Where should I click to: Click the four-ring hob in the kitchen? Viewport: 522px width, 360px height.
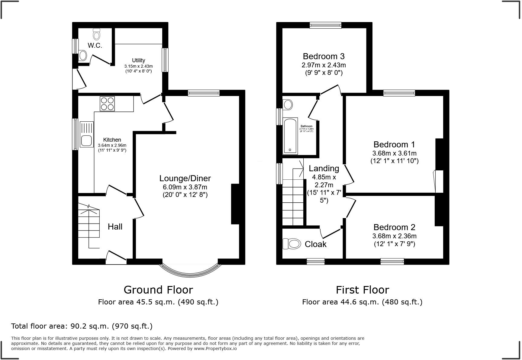(x=107, y=104)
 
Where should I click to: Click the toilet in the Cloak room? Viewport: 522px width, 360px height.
(x=292, y=244)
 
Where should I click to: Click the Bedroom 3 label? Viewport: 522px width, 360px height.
(x=324, y=56)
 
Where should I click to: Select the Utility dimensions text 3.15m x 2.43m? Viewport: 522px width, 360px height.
(x=138, y=66)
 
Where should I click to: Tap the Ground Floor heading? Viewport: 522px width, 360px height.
(x=158, y=290)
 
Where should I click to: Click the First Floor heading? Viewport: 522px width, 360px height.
(x=362, y=290)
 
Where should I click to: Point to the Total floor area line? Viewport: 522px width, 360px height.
(x=82, y=326)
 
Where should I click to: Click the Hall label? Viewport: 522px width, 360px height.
(x=115, y=227)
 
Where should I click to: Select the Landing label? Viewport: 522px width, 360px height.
(x=324, y=168)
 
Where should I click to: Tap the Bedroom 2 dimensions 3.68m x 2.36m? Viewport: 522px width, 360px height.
(x=394, y=236)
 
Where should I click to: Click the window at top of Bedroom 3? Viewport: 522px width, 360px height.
(x=325, y=25)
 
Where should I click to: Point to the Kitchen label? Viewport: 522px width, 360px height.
(x=112, y=140)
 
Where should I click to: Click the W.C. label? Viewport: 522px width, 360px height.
(x=95, y=46)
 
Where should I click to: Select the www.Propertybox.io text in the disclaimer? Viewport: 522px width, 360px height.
(x=215, y=349)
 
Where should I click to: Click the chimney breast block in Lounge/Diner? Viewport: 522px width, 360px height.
(x=235, y=204)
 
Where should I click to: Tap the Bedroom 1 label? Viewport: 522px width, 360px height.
(x=394, y=144)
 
